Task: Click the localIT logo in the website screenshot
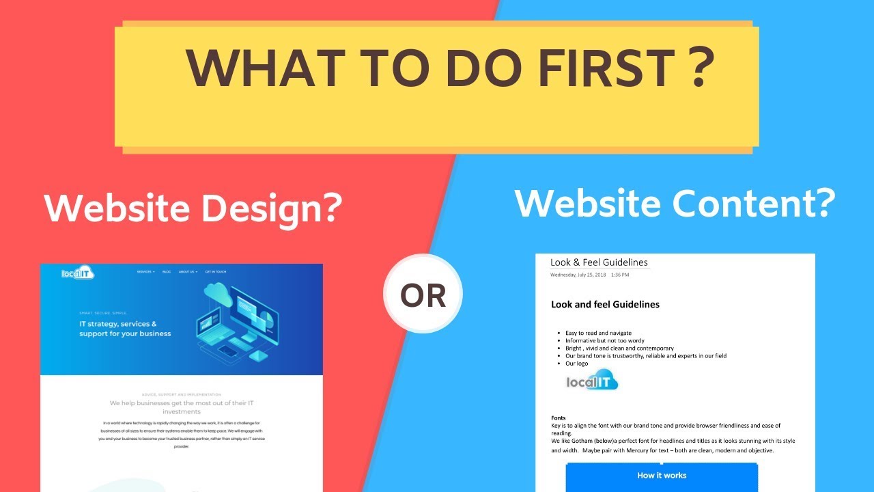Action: pyautogui.click(x=77, y=273)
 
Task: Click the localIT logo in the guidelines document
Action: pyautogui.click(x=592, y=380)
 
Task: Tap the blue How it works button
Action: pyautogui.click(x=661, y=476)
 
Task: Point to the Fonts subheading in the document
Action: pyautogui.click(x=559, y=418)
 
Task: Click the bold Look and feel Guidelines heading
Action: pyautogui.click(x=605, y=304)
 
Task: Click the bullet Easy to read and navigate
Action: pyautogui.click(x=598, y=333)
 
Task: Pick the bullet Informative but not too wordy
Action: pyautogui.click(x=604, y=340)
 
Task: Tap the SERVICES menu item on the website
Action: pyautogui.click(x=145, y=272)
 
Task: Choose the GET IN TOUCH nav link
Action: pyautogui.click(x=216, y=272)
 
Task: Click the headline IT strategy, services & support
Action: pyautogui.click(x=125, y=329)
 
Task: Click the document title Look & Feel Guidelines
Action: pyautogui.click(x=599, y=262)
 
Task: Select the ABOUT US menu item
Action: pyautogui.click(x=188, y=272)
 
